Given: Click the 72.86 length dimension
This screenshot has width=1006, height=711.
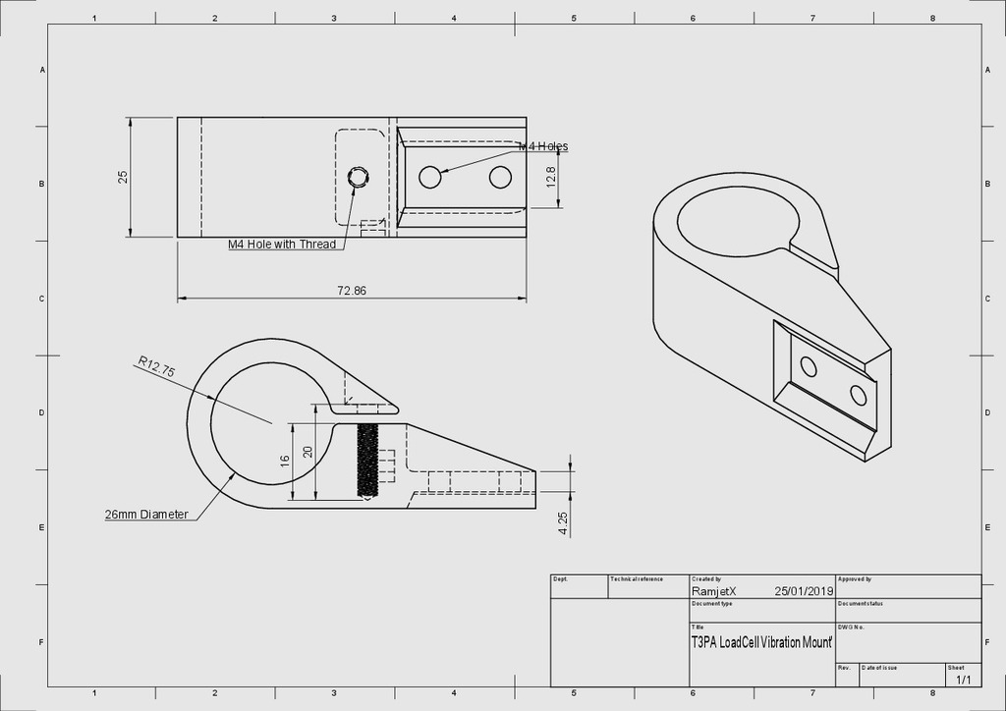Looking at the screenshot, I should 352,291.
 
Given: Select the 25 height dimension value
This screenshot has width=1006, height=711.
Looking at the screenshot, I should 123,177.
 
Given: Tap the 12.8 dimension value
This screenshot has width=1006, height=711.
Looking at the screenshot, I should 550,177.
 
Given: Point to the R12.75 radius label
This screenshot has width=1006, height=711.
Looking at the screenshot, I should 156,367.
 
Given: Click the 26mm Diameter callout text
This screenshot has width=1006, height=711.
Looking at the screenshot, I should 146,515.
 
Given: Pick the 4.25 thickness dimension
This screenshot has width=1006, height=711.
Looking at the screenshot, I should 563,523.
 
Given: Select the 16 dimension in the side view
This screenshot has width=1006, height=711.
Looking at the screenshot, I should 285,460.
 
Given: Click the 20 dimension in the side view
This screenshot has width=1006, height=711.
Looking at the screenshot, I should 307,452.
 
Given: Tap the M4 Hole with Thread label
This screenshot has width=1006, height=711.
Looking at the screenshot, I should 282,245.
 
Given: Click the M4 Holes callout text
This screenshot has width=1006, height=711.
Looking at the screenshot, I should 543,146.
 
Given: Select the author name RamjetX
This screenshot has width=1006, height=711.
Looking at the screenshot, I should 714,591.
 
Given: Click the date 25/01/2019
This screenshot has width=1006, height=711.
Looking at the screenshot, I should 803,591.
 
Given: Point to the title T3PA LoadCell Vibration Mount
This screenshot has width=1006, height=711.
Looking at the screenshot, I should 761,642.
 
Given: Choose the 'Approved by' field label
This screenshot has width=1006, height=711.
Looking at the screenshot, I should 855,579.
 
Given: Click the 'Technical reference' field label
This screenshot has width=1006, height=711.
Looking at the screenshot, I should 638,579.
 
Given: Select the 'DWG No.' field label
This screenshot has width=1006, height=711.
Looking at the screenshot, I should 851,627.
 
